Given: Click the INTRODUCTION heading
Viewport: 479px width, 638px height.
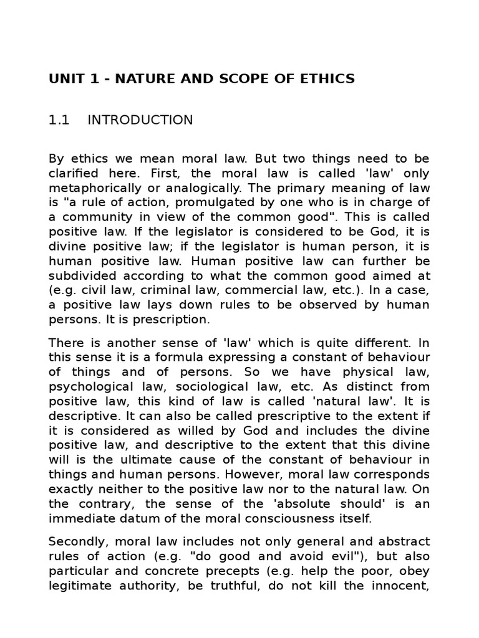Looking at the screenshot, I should click(x=140, y=120).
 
